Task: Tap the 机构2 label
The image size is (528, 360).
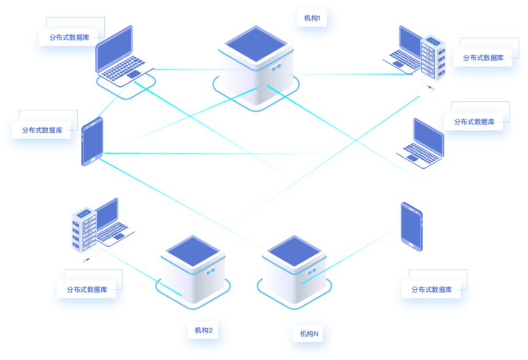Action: tap(204, 331)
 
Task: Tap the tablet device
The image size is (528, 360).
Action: tap(93, 142)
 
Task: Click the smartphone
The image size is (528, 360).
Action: tap(411, 226)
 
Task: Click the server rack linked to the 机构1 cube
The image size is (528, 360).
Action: tap(433, 59)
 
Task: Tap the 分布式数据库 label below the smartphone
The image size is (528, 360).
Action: tap(432, 289)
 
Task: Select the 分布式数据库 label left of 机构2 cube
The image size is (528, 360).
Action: tap(87, 289)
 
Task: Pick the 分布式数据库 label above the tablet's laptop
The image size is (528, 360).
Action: tap(69, 37)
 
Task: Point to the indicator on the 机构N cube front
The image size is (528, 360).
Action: tap(311, 270)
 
